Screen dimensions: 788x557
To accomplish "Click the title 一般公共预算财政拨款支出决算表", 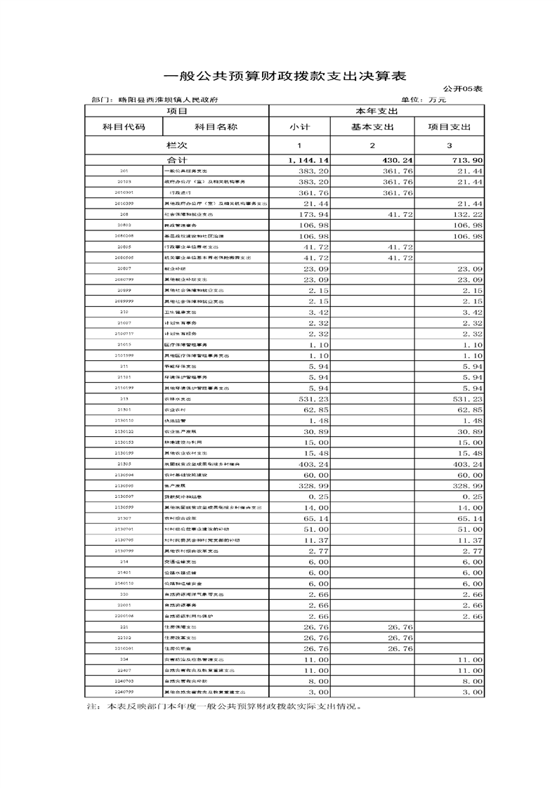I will pyautogui.click(x=284, y=76).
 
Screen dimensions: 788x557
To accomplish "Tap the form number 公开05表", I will pyautogui.click(x=464, y=89).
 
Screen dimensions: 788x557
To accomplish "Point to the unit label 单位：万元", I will pyautogui.click(x=424, y=100).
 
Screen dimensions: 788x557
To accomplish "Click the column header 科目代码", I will pyautogui.click(x=124, y=127).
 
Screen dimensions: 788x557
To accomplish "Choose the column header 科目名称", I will pyautogui.click(x=216, y=127).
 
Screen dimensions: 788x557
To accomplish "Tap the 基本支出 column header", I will pyautogui.click(x=372, y=127).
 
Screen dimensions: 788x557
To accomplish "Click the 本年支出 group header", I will pyautogui.click(x=376, y=111).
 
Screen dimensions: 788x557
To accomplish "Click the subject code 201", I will pyautogui.click(x=124, y=171).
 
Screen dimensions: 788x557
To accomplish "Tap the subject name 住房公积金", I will pyautogui.click(x=176, y=649).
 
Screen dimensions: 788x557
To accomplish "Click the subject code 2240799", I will pyautogui.click(x=124, y=692).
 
